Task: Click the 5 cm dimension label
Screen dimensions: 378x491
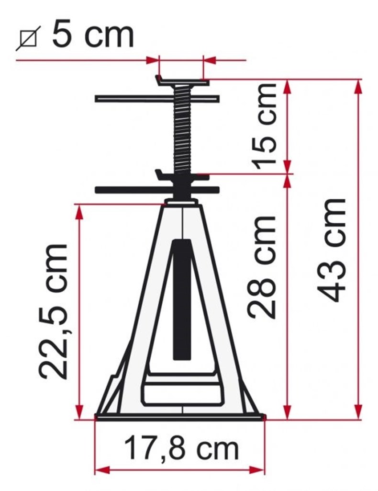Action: point(93,33)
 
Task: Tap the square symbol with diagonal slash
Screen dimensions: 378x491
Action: point(28,38)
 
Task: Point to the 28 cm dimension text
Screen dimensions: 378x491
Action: point(262,267)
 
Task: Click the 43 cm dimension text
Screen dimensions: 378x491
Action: point(332,251)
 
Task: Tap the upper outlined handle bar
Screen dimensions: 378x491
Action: point(157,99)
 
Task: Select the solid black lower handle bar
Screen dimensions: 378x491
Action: point(157,190)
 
